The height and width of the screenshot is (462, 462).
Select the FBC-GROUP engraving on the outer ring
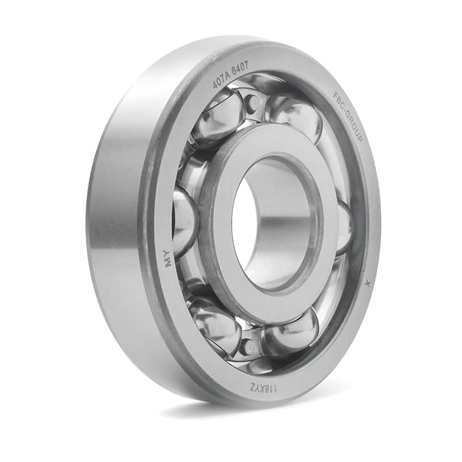tap(347, 115)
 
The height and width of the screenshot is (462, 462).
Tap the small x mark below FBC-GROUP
tap(367, 283)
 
